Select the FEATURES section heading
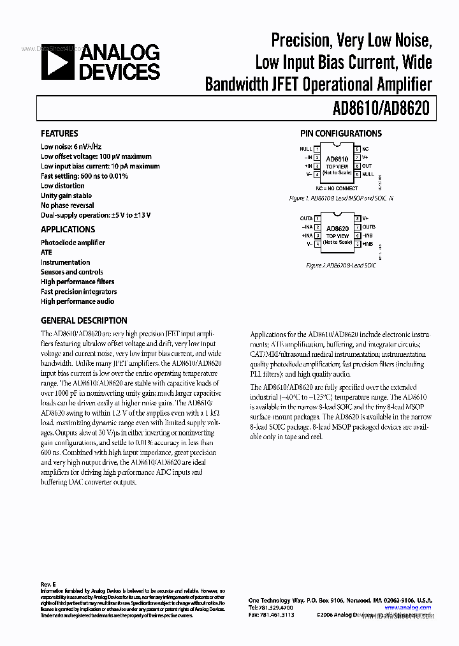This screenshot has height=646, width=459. click(x=59, y=133)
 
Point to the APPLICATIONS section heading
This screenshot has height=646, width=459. click(x=68, y=229)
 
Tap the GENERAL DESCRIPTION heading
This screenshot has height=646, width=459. click(x=84, y=320)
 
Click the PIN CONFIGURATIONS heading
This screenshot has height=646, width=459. click(x=341, y=133)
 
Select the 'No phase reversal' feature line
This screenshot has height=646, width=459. click(x=68, y=206)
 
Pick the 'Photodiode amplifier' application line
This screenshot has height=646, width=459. click(x=73, y=243)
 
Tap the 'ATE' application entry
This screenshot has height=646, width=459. click(x=47, y=252)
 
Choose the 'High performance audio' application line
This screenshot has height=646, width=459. click(x=78, y=301)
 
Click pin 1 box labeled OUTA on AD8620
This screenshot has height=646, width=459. click(x=317, y=218)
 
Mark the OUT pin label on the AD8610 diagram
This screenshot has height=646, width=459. click(x=368, y=165)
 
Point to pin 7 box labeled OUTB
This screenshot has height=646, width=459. click(x=358, y=227)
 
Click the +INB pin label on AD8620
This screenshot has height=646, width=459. click(x=368, y=244)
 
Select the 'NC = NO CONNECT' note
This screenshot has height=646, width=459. click(x=337, y=188)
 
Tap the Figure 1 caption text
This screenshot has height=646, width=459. click(x=341, y=199)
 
